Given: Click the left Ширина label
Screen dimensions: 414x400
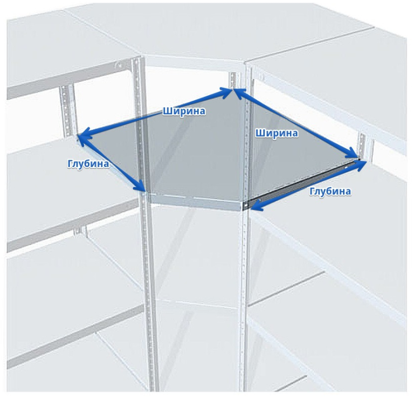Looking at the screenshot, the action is [184, 111].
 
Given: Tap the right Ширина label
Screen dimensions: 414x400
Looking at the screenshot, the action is [277, 133].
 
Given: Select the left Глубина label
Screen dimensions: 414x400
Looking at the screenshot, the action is [88, 164].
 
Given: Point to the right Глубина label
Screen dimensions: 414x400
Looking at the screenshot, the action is [330, 191].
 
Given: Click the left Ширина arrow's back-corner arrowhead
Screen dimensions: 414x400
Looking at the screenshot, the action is [227, 92].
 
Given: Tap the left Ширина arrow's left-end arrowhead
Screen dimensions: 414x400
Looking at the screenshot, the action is [83, 137].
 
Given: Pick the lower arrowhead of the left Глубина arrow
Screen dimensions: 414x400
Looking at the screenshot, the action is [140, 186].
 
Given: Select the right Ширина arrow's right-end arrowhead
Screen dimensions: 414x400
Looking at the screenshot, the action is [354, 154].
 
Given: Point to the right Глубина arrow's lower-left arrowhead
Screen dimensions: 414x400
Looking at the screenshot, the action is [257, 206].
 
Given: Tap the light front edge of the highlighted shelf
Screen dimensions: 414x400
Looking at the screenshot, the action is [195, 202].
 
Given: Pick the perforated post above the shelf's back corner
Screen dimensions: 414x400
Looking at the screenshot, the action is [233, 80].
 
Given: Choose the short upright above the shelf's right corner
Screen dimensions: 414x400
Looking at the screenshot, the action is [363, 146].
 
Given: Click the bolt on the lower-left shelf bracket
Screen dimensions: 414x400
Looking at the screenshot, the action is [78, 231].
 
